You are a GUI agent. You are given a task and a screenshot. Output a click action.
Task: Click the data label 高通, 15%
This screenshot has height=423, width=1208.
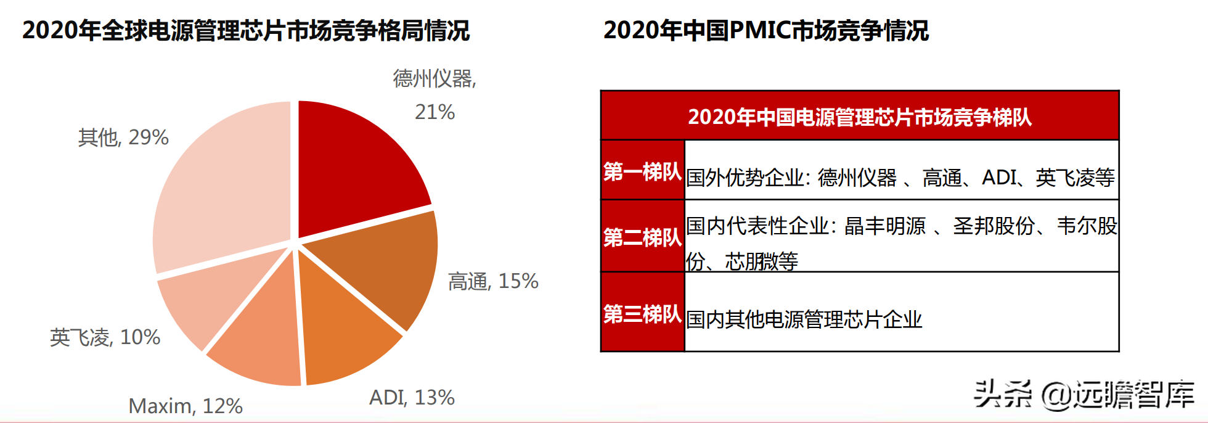[493, 281]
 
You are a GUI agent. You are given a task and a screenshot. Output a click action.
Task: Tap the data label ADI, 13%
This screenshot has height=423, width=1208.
[412, 397]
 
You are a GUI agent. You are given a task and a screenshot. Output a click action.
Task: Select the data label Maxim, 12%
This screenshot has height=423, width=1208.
[186, 406]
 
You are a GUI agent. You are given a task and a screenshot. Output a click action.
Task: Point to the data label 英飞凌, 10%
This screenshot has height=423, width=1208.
[105, 337]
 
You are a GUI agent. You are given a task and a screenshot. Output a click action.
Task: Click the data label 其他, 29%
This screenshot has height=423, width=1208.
[123, 137]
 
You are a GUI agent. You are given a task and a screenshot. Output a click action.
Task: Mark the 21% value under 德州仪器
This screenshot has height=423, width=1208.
[435, 112]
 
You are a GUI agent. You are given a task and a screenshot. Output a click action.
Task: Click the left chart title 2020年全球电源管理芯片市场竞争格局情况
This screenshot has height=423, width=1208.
[246, 30]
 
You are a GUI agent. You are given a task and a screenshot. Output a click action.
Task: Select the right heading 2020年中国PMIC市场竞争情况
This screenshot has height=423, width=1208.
[766, 30]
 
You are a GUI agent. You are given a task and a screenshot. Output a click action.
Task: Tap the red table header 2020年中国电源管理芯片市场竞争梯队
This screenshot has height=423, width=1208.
[860, 117]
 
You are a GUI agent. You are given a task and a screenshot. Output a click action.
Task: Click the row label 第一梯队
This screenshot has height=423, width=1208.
[642, 171]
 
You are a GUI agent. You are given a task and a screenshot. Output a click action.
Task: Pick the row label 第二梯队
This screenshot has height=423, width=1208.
[642, 237]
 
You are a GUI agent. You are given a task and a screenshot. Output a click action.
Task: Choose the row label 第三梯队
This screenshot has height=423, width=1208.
[642, 314]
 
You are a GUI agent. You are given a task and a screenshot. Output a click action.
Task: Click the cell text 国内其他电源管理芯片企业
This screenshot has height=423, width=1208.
[804, 319]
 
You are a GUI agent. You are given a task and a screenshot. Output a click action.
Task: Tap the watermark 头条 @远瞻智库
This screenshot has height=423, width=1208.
[1084, 394]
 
